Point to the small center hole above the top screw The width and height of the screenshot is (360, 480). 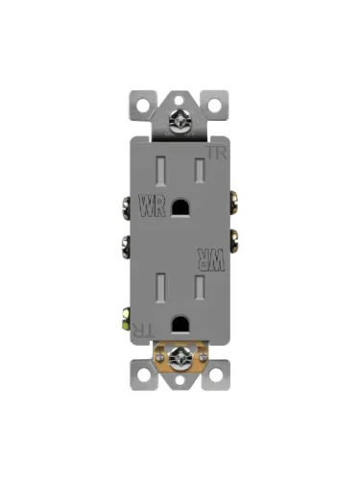coord(180,97)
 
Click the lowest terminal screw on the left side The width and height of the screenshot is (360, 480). coord(126,314)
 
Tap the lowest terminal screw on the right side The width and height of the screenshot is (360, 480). coord(233,314)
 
